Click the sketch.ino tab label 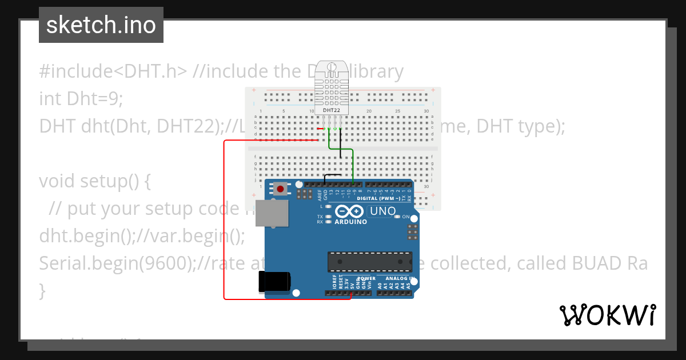pyautogui.click(x=101, y=25)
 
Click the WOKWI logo pyautogui.click(x=608, y=315)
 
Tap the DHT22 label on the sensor pyautogui.click(x=331, y=110)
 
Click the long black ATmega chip pyautogui.click(x=369, y=262)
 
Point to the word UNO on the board pyautogui.click(x=383, y=211)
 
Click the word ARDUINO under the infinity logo pyautogui.click(x=350, y=222)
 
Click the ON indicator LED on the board pyautogui.click(x=413, y=217)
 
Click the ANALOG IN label pyautogui.click(x=399, y=278)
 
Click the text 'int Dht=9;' pyautogui.click(x=81, y=99)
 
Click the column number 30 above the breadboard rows pyautogui.click(x=426, y=111)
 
